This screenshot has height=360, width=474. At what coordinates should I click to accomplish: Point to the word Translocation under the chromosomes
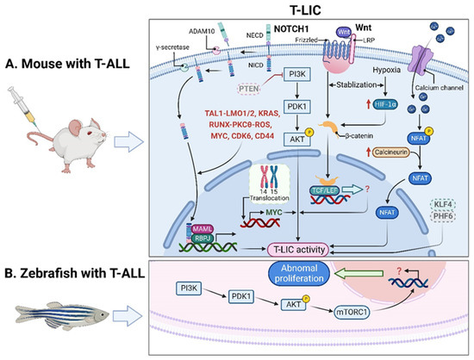(x=259, y=196)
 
